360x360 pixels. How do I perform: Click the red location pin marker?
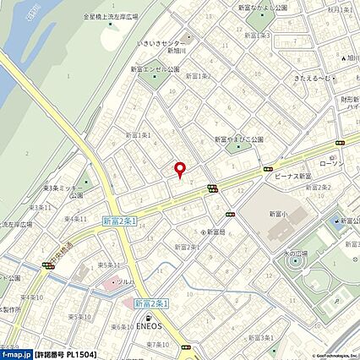179,170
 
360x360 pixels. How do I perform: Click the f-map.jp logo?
16,352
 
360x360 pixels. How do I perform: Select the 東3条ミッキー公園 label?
64,191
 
